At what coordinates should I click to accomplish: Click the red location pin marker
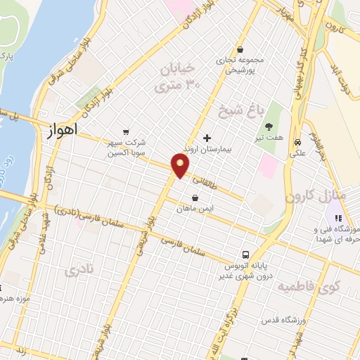(181, 166)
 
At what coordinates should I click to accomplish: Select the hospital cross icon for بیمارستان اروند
(206, 138)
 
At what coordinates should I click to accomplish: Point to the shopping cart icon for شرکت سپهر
(126, 131)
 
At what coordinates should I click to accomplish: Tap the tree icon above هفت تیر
(268, 127)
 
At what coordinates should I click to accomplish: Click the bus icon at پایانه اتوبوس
(245, 255)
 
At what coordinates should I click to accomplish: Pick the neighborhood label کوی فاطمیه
(307, 287)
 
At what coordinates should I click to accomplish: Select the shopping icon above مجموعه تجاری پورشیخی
(241, 50)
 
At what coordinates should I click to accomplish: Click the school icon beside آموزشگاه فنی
(337, 219)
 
